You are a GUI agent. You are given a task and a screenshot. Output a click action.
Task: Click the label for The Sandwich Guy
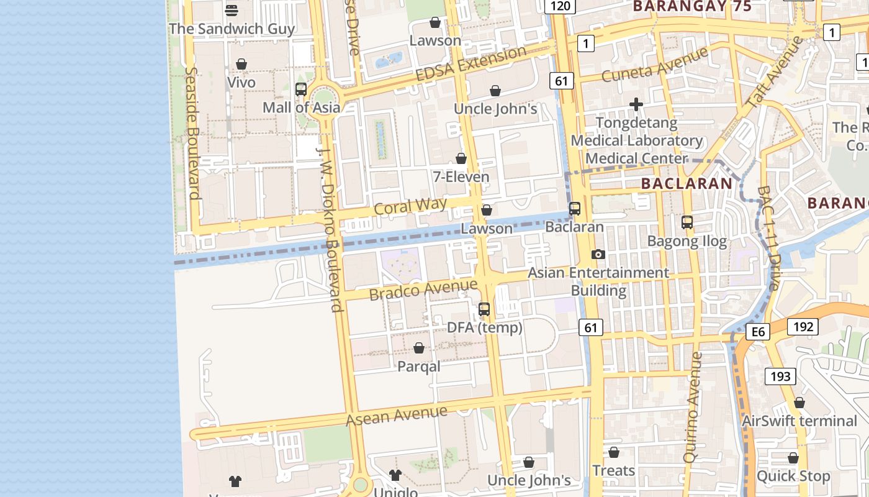click(232, 29)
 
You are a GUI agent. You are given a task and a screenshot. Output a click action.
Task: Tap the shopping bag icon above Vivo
click(241, 64)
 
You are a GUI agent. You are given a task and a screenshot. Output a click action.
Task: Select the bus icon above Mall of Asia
click(301, 89)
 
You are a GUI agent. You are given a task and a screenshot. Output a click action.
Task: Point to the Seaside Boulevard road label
click(192, 133)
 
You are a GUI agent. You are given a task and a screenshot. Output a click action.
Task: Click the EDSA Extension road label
click(471, 63)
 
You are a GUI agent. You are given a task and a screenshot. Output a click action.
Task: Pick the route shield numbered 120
click(560, 6)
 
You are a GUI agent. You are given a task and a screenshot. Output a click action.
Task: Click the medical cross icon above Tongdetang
click(636, 104)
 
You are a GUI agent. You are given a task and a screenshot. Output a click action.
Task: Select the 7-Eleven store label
click(461, 177)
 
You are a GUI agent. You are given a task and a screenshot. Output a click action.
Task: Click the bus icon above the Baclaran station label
click(575, 209)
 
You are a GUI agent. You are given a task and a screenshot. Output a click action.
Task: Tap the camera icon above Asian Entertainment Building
click(598, 254)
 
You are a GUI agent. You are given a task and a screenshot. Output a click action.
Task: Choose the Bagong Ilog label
click(687, 241)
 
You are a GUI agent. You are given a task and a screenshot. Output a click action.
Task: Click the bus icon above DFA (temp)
click(484, 309)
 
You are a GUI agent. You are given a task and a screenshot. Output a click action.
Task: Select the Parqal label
click(419, 367)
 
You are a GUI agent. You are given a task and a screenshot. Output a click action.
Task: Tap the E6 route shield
click(758, 332)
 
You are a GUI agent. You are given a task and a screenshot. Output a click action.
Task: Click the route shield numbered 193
click(780, 376)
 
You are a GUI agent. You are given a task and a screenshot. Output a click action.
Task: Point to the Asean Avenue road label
click(396, 416)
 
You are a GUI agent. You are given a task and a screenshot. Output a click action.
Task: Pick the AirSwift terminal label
click(799, 421)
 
